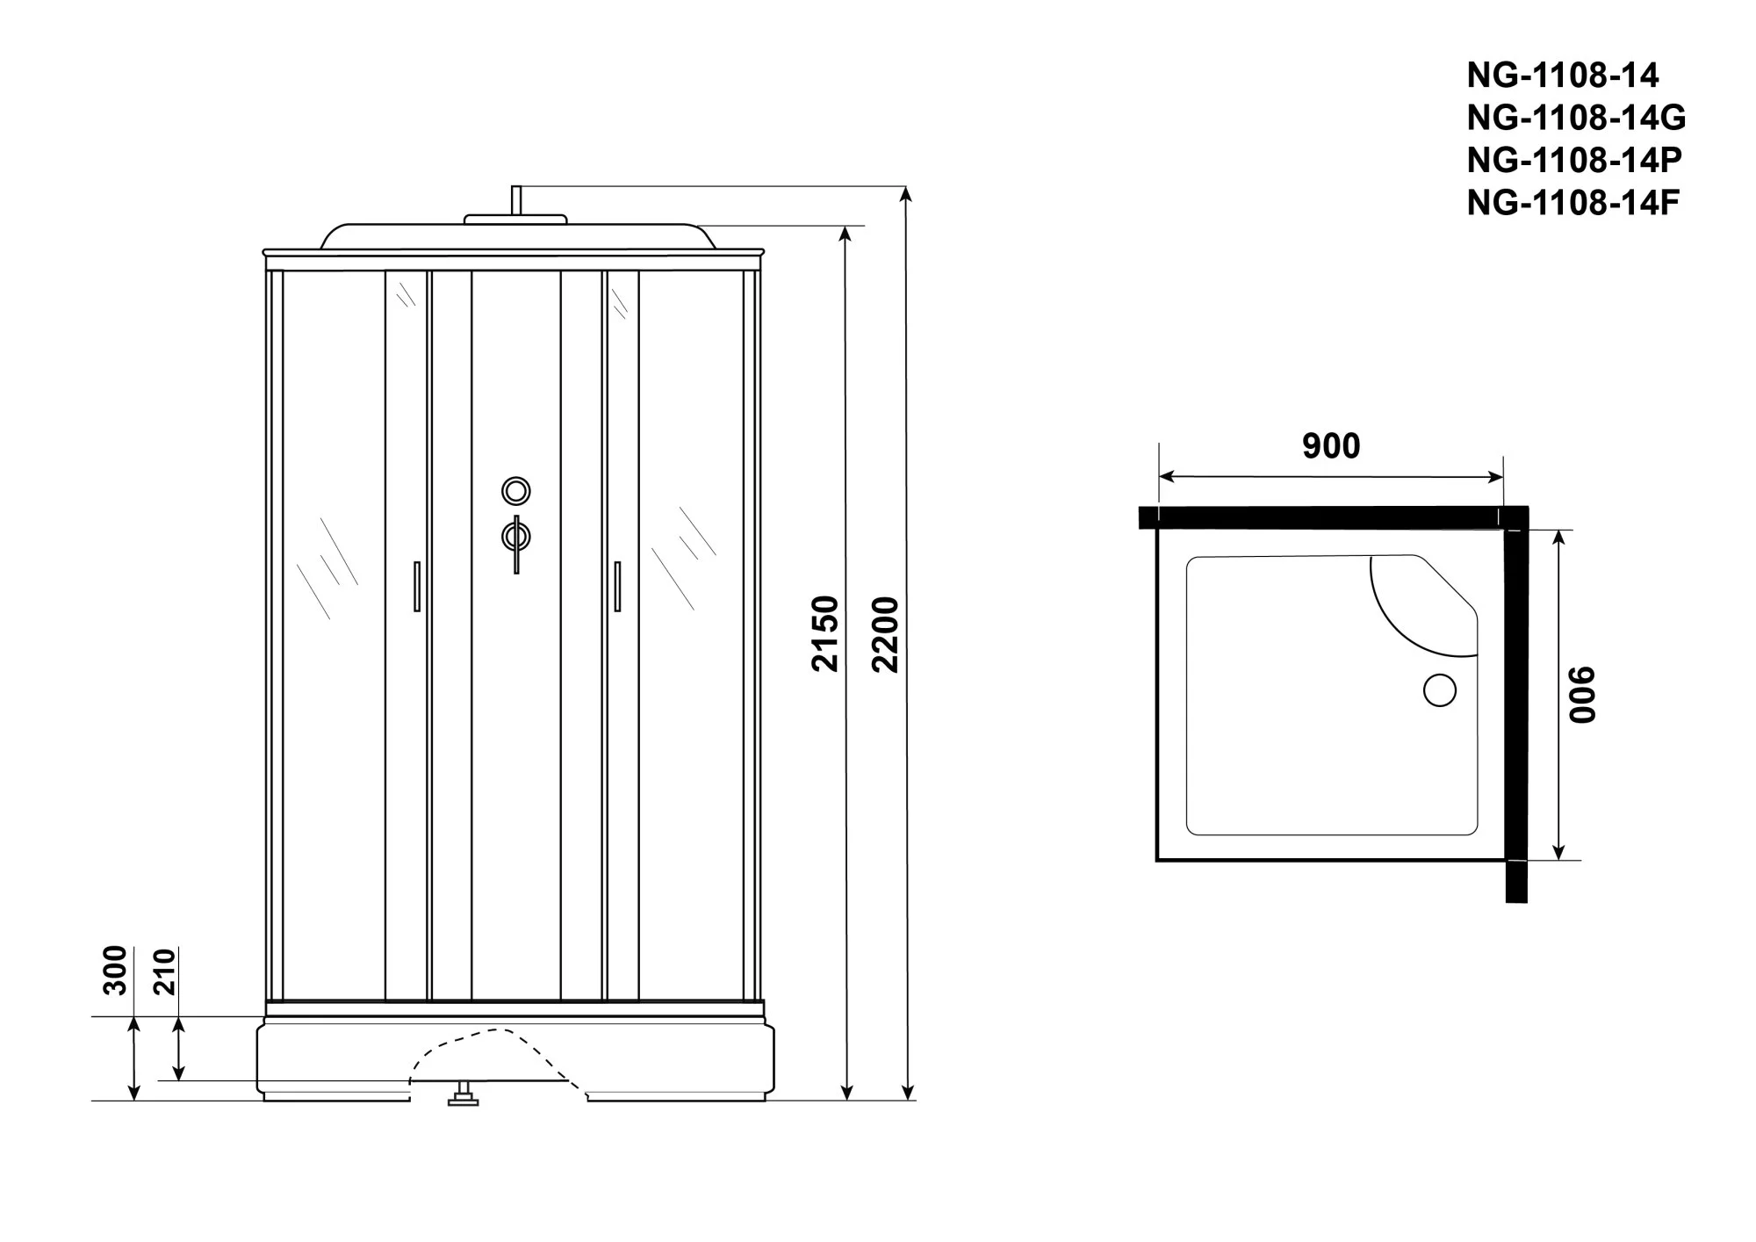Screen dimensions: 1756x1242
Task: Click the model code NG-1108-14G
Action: (1576, 118)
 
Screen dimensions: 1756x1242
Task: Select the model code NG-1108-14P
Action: (1574, 160)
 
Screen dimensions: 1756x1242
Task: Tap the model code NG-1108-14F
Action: (1573, 203)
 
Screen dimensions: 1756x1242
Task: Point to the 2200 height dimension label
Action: (887, 634)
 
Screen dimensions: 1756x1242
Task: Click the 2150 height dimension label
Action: (825, 634)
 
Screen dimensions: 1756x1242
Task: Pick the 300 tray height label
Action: (116, 971)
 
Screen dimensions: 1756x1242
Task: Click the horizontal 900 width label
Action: (1331, 446)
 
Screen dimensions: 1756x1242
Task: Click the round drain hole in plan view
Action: (1439, 690)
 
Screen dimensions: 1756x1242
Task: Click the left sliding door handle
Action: (417, 586)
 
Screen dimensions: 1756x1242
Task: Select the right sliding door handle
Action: (617, 586)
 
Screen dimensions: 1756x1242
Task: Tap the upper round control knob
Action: (516, 490)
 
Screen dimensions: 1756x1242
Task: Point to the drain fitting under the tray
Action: (464, 1094)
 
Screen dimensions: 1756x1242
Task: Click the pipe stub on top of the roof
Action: (517, 201)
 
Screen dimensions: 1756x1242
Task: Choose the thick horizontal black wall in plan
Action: (1333, 518)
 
